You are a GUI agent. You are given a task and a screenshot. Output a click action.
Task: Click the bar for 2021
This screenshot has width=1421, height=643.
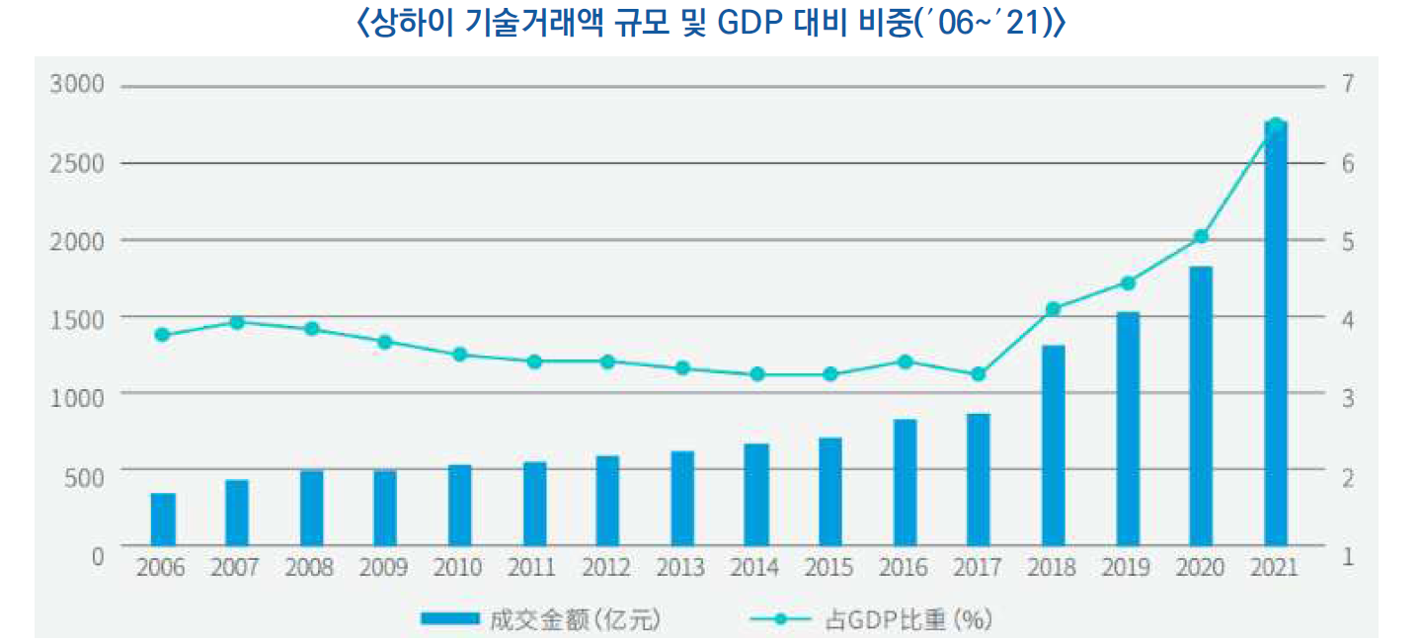[x=1275, y=336]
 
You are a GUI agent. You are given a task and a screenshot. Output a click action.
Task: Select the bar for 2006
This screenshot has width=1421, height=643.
[x=163, y=520]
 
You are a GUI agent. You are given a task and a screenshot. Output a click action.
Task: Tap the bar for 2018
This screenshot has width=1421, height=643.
[x=1053, y=445]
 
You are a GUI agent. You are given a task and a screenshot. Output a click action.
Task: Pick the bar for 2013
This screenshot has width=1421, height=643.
[x=682, y=499]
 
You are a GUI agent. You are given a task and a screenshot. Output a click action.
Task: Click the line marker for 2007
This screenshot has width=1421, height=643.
[x=237, y=322]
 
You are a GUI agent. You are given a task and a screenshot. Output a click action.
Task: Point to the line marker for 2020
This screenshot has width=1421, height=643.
[x=1202, y=237]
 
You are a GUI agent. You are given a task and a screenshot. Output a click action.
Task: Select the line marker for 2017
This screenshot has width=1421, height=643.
[x=979, y=374]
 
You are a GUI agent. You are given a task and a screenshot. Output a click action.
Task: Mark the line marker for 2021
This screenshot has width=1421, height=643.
[x=1275, y=125]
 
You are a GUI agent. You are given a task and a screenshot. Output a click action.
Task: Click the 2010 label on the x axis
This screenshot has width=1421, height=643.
[x=458, y=568]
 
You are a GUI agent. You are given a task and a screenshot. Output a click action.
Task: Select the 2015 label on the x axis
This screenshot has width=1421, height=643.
[x=829, y=568]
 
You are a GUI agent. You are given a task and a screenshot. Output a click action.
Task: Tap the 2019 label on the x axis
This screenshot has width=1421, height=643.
[x=1127, y=568]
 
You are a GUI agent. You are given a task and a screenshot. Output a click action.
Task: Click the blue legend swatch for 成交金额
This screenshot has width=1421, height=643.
[x=450, y=620]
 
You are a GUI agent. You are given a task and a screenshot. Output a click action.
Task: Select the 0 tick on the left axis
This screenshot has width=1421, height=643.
[x=97, y=555]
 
